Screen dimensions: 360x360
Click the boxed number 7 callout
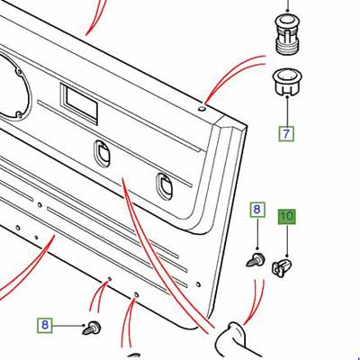point(286,133)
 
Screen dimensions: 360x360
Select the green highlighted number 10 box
point(287,216)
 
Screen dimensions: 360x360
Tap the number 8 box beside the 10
point(257,210)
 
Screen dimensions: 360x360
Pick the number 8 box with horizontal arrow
point(45,325)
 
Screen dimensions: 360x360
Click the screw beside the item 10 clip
point(256,260)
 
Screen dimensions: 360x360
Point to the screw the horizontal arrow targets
point(91,328)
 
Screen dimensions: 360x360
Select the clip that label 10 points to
point(282,268)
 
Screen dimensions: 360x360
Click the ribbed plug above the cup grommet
point(288,34)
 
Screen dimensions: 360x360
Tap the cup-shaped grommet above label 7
point(288,82)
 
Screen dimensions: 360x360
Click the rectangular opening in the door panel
point(79,103)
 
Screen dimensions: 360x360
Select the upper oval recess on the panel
point(102,152)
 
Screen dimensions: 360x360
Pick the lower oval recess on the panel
point(164,186)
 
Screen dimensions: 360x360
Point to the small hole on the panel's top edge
point(202,108)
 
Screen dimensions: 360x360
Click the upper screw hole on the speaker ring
point(19,72)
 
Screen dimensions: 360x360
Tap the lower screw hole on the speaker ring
point(18,114)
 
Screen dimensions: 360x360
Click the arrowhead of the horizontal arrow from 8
point(83,325)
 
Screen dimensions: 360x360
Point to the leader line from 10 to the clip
point(287,241)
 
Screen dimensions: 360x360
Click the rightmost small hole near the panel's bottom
point(198,284)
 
